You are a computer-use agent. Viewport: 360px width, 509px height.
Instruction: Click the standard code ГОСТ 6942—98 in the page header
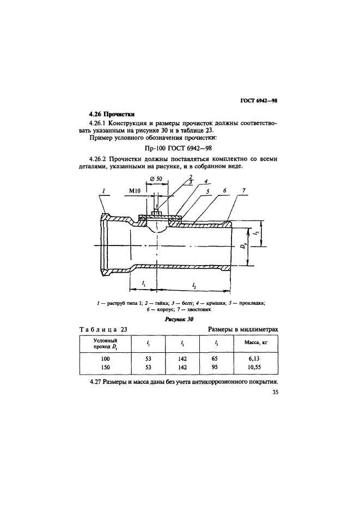coord(259,100)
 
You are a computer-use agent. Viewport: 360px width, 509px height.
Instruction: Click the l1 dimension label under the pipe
coord(143,284)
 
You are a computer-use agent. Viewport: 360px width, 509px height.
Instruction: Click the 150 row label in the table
coord(106,369)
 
